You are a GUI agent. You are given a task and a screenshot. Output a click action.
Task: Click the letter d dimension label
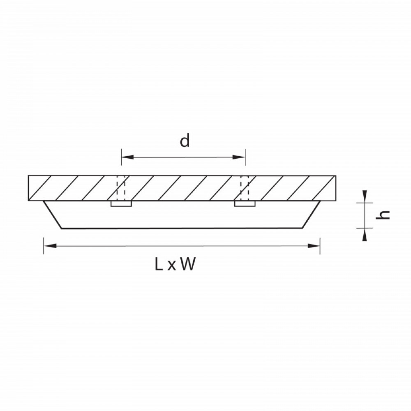click(185, 141)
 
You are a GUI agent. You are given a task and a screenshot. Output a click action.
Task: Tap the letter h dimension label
click(383, 215)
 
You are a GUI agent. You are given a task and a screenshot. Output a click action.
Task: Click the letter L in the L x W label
click(159, 264)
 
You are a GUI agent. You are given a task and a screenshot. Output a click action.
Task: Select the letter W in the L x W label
click(188, 264)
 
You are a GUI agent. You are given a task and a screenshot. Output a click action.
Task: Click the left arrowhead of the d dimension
click(128, 157)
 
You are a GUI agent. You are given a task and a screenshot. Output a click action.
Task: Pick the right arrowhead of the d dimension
click(239, 157)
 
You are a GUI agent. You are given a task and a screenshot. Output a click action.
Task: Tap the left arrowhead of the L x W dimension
click(50, 246)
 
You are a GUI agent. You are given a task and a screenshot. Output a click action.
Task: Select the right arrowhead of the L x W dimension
click(314, 246)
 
